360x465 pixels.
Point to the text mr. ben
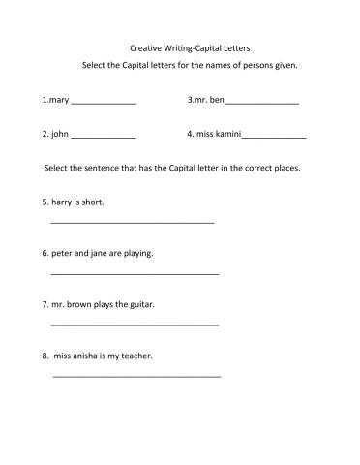tap(209, 100)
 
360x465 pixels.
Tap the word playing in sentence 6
tap(135, 254)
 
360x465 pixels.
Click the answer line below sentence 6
tap(134, 274)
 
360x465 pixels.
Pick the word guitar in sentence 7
tap(140, 304)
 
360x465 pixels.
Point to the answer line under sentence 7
tap(134, 325)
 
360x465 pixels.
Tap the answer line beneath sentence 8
tap(136, 376)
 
